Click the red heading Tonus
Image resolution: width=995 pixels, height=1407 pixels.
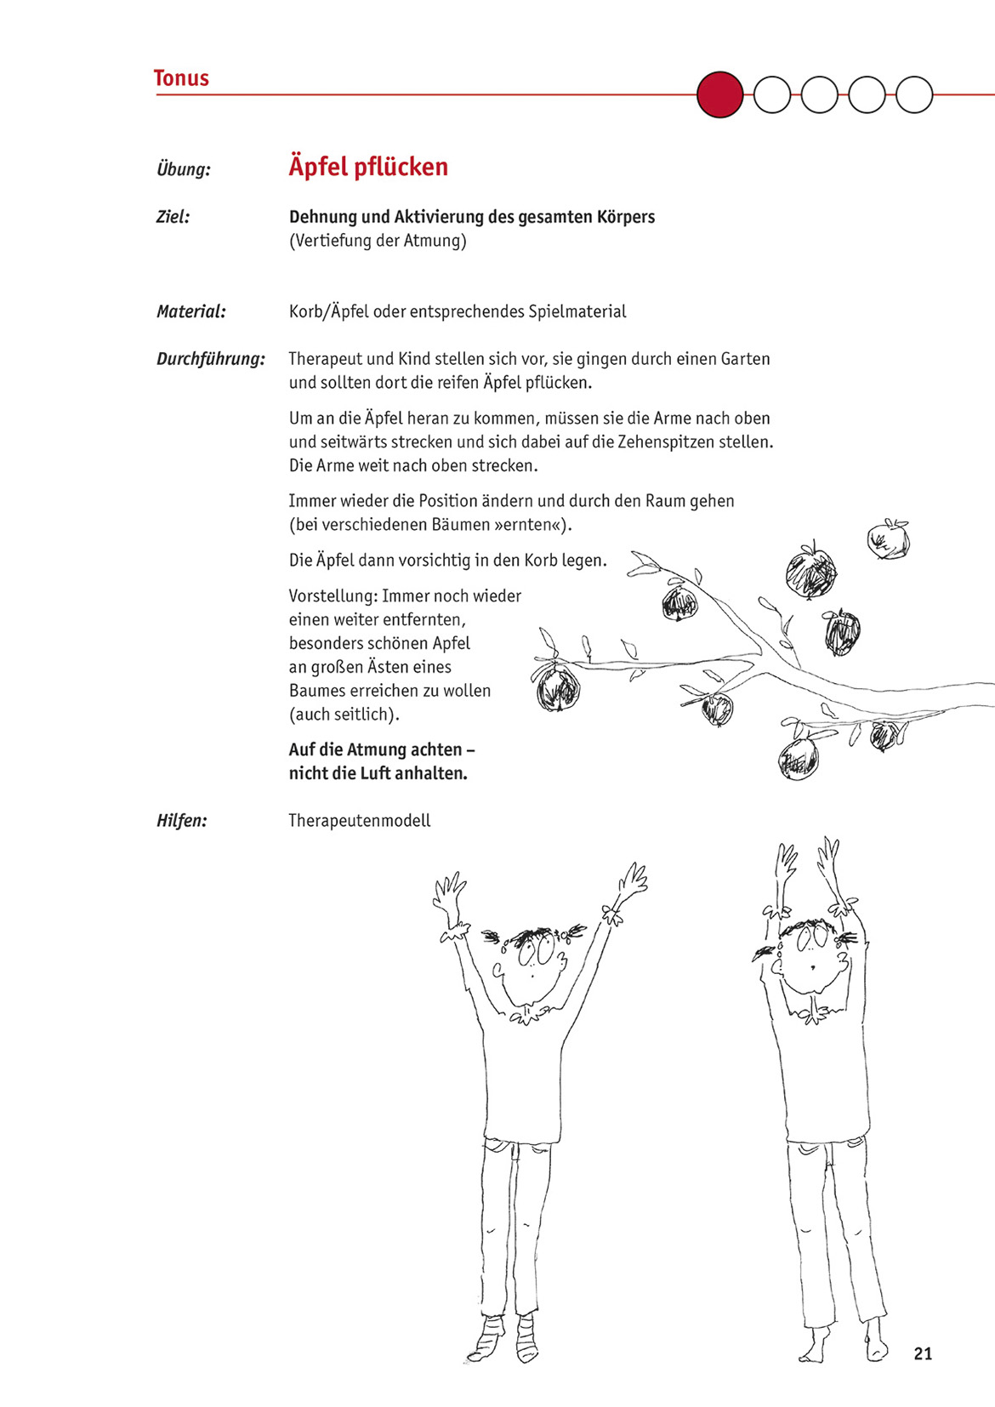coord(181,78)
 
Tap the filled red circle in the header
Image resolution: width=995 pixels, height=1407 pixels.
coord(719,94)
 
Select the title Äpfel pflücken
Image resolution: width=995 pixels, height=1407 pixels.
coord(368,167)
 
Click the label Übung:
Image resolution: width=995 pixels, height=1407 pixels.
coord(184,169)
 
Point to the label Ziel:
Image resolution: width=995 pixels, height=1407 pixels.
coord(173,217)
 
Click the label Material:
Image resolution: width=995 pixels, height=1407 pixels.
coord(191,311)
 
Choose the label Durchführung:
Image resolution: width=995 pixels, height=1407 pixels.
coord(211,359)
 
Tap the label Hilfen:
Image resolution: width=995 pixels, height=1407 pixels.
coord(182,821)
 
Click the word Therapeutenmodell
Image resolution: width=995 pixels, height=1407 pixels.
coord(360,821)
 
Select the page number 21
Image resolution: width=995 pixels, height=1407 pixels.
coord(923,1353)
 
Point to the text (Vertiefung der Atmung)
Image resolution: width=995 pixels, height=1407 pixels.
coord(378,241)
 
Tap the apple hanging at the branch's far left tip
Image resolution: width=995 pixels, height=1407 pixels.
coord(558,688)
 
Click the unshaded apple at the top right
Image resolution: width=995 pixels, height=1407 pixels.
coord(888,539)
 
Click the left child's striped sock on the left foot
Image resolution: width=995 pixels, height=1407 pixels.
coord(488,1340)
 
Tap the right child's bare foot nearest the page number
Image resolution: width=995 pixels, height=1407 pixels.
coord(876,1342)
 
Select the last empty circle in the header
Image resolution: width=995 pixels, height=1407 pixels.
coord(914,94)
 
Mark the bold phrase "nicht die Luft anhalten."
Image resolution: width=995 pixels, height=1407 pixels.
coord(378,774)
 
